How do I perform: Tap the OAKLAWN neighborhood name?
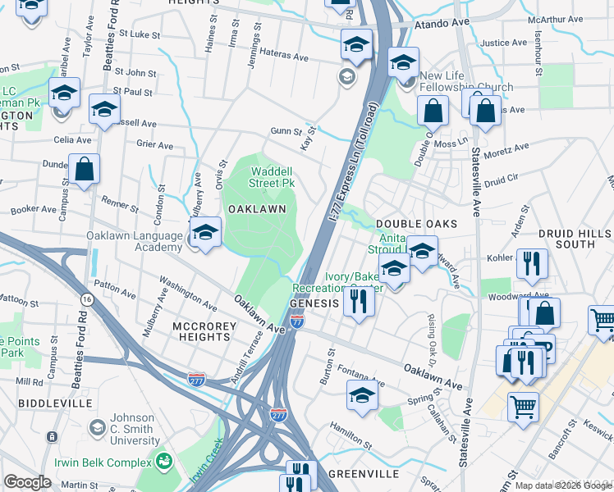pyautogui.click(x=257, y=209)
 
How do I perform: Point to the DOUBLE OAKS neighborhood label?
pyautogui.click(x=415, y=224)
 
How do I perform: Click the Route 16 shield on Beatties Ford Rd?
pyautogui.click(x=87, y=300)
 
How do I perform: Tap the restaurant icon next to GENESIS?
pyautogui.click(x=359, y=301)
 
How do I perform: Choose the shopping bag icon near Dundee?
pyautogui.click(x=84, y=170)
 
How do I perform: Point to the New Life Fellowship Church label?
pyautogui.click(x=465, y=82)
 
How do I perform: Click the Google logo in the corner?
pyautogui.click(x=27, y=482)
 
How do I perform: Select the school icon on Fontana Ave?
pyautogui.click(x=362, y=394)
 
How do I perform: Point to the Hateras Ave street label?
pyautogui.click(x=284, y=58)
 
